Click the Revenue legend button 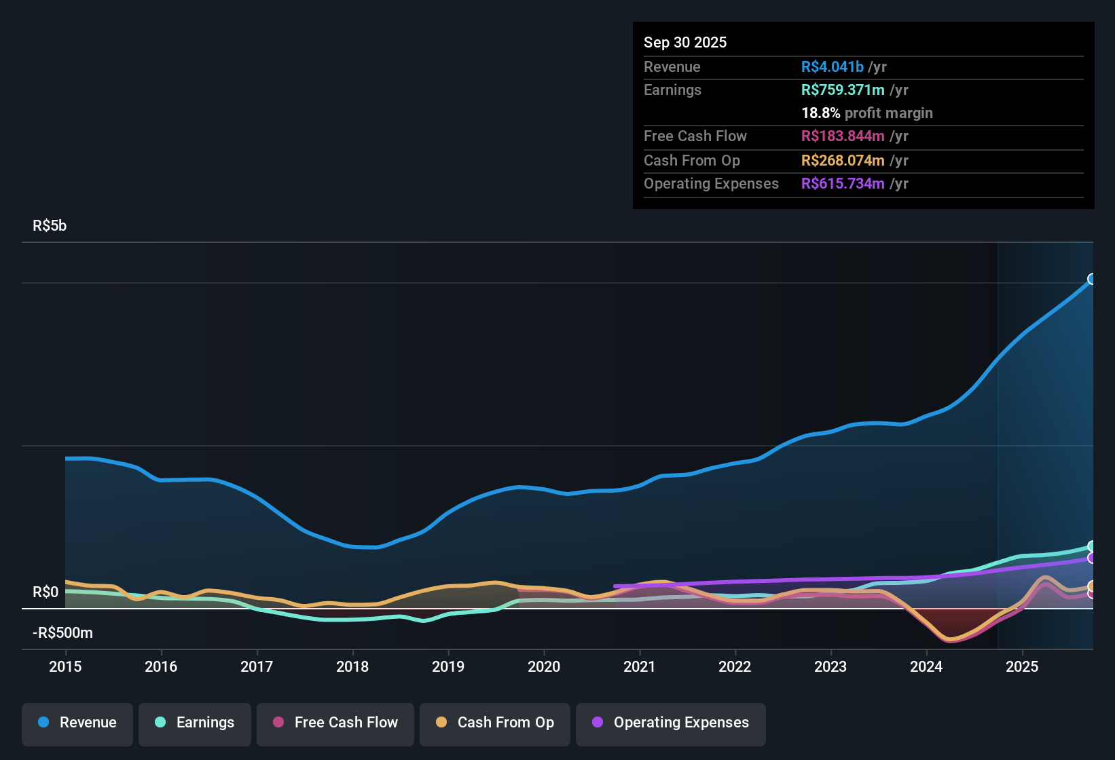click(77, 723)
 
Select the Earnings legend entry click(195, 723)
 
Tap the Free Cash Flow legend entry click(335, 723)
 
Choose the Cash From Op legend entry click(495, 723)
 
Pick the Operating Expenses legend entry click(671, 723)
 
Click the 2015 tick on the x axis click(65, 666)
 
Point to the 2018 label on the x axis click(352, 666)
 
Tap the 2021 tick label click(640, 666)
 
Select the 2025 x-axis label click(1022, 666)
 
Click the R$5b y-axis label click(50, 226)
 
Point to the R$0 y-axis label click(45, 592)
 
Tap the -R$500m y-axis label click(62, 633)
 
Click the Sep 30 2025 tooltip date click(685, 42)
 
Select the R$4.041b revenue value click(833, 66)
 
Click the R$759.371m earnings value click(843, 90)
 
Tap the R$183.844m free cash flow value click(843, 136)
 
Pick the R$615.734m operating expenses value click(843, 183)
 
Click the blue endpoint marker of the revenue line click(1092, 279)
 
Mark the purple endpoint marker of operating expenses click(1092, 558)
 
